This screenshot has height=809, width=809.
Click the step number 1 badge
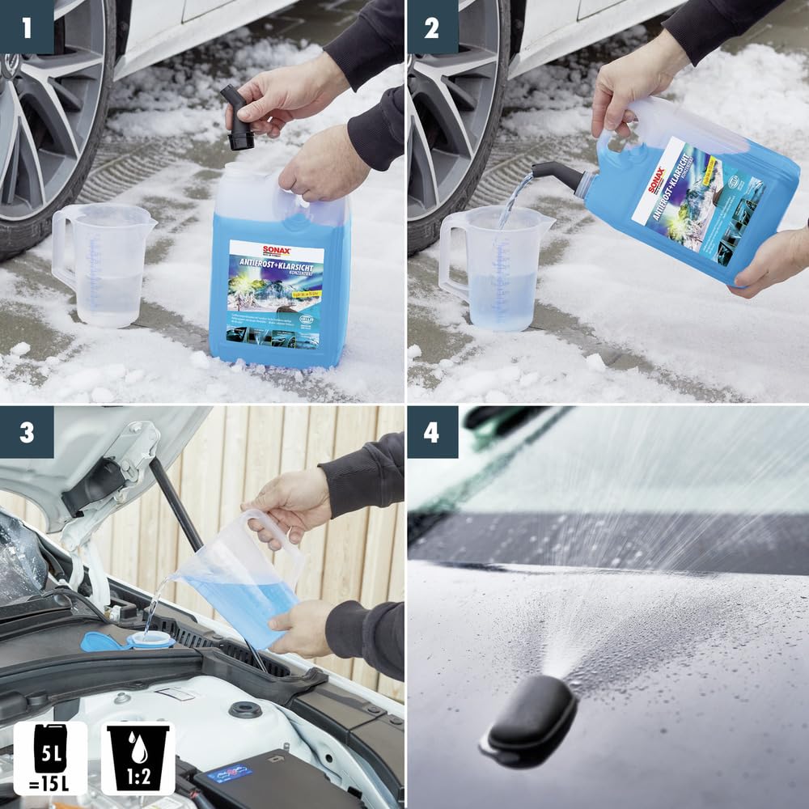pos(27,27)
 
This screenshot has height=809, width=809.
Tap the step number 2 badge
pos(431,27)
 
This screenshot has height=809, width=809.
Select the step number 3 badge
pos(27,432)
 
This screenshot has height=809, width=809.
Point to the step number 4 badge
pos(431,432)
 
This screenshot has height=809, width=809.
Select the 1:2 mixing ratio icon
pos(138,757)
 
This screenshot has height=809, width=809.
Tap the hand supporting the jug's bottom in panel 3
pos(303,627)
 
